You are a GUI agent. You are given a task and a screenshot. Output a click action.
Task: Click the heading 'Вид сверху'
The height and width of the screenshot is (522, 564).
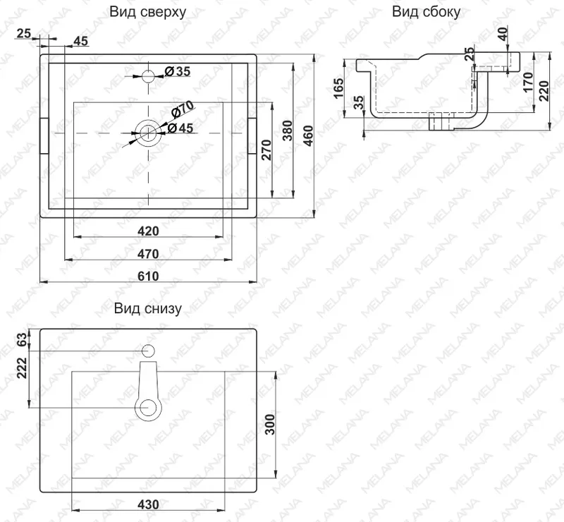pyautogui.click(x=148, y=12)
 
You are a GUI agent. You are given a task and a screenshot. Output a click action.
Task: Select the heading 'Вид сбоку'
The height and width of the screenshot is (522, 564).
pyautogui.click(x=426, y=12)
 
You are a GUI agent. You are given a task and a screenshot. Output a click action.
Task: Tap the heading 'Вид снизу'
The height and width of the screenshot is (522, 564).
pyautogui.click(x=148, y=308)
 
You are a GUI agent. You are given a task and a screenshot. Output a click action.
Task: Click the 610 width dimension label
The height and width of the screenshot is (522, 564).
pyautogui.click(x=148, y=276)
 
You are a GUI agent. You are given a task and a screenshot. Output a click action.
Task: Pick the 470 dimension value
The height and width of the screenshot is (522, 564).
pyautogui.click(x=148, y=254)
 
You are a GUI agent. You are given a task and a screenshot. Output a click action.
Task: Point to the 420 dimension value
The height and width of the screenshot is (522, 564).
pyautogui.click(x=148, y=231)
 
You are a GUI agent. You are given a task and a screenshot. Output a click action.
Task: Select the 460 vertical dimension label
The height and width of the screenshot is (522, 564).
pyautogui.click(x=309, y=135)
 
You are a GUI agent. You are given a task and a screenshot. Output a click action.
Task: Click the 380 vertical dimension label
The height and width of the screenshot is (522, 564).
pyautogui.click(x=287, y=130)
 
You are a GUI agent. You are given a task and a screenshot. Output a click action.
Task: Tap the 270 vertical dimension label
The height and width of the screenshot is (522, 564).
pyautogui.click(x=266, y=150)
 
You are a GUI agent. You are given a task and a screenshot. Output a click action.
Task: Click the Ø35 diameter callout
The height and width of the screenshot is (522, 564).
pyautogui.click(x=178, y=71)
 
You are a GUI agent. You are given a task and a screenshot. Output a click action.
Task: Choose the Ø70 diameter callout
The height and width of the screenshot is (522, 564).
pyautogui.click(x=183, y=109)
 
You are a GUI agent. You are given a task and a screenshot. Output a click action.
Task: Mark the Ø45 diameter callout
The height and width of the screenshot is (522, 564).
pyautogui.click(x=180, y=128)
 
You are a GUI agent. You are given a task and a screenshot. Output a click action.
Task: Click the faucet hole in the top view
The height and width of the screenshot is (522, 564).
pyautogui.click(x=148, y=76)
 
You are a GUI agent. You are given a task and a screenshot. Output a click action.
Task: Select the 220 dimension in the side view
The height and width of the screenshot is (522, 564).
pyautogui.click(x=544, y=91)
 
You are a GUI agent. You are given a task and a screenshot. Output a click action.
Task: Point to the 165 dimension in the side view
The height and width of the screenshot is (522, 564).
pyautogui.click(x=339, y=88)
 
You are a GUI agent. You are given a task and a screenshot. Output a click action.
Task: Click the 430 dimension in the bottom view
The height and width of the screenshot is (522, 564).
pyautogui.click(x=148, y=504)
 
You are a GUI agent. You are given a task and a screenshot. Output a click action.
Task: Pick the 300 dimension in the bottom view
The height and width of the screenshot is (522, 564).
pyautogui.click(x=270, y=425)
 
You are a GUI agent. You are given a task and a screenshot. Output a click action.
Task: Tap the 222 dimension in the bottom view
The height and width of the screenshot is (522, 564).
pyautogui.click(x=22, y=368)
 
